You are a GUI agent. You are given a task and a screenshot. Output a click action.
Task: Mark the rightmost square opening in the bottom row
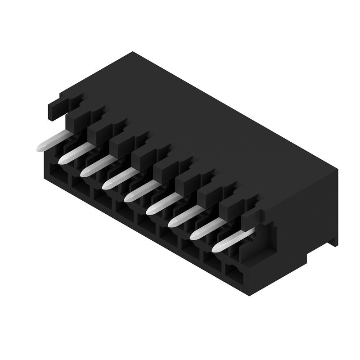point(234,272)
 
